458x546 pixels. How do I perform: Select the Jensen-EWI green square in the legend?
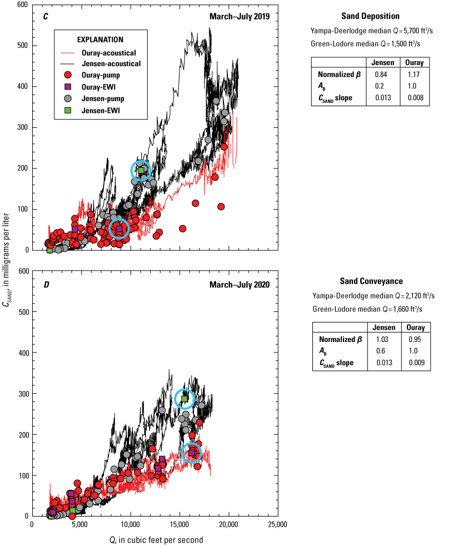68,111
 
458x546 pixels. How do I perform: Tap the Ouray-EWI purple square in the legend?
68,87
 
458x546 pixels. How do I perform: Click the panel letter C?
46,16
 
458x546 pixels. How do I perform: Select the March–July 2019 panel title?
239,16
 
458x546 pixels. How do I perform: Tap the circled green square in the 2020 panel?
185,399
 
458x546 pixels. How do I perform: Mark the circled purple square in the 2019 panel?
119,229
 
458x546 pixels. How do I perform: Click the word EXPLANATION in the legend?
100,39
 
